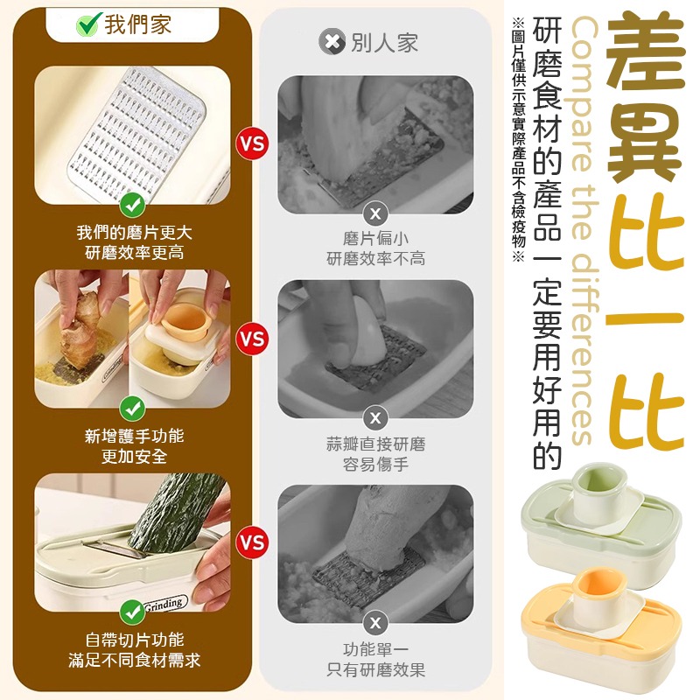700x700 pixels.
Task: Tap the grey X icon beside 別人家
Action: point(332,42)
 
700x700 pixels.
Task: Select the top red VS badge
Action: point(252,143)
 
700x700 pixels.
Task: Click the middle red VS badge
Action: point(252,339)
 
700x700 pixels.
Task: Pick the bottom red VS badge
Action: point(252,542)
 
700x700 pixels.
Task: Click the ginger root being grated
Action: point(80,330)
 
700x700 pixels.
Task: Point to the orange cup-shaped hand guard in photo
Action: point(185,329)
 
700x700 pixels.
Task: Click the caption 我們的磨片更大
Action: point(134,233)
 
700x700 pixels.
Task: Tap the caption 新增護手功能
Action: point(134,436)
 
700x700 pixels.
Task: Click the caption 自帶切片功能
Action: point(134,640)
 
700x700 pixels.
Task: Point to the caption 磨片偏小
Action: point(375,238)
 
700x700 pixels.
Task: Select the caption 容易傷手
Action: point(375,465)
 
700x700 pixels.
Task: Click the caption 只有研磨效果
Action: point(375,669)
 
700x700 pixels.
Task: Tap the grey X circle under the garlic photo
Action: point(375,418)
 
